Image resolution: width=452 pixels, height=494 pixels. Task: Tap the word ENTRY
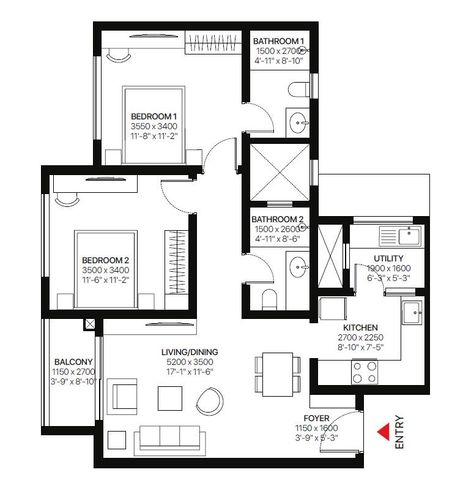click(x=399, y=432)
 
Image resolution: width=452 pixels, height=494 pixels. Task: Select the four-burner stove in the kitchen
click(x=365, y=372)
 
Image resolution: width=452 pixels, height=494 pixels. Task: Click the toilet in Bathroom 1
click(x=299, y=89)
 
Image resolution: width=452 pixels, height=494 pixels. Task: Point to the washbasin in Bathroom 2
click(x=298, y=267)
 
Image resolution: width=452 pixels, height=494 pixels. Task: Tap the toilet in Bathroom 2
click(x=269, y=299)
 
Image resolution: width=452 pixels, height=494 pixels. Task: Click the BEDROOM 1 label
click(x=154, y=116)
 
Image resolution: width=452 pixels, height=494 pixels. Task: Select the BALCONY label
click(x=73, y=362)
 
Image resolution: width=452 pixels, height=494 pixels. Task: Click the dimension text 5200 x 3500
click(x=190, y=362)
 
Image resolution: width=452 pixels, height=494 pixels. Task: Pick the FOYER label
click(x=316, y=418)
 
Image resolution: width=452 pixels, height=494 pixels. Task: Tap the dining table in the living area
click(x=278, y=374)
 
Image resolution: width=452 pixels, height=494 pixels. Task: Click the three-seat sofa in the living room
click(x=170, y=440)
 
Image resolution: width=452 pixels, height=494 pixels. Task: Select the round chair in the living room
click(x=210, y=400)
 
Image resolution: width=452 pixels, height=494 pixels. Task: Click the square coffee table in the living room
click(x=170, y=399)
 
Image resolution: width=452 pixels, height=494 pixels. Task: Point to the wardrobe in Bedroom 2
click(x=176, y=262)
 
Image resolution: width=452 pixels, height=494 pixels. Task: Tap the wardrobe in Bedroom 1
click(x=213, y=42)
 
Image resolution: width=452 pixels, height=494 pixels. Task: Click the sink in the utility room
click(x=400, y=236)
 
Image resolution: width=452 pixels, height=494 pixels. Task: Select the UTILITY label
click(x=388, y=258)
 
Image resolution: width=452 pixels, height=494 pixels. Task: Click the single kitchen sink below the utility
click(x=412, y=313)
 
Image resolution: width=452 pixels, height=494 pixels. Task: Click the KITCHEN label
click(x=360, y=327)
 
